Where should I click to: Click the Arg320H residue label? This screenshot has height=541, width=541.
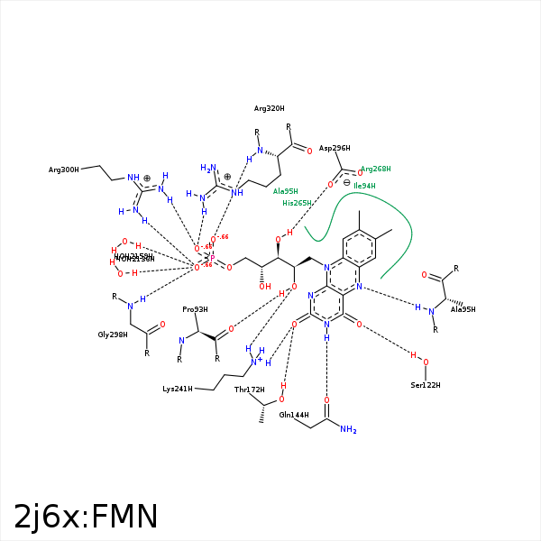coord(269,108)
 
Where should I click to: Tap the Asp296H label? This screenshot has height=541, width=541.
coord(335,148)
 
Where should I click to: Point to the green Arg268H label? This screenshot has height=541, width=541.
coord(376,169)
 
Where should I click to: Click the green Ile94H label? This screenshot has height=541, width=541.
coord(365,186)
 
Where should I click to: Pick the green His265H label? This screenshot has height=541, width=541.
coord(297,203)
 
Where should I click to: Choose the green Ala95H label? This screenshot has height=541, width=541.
coord(286,191)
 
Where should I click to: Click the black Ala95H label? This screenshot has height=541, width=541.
coord(463,310)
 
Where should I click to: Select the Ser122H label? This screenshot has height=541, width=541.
coord(425,385)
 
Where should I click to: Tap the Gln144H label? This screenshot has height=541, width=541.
coord(294,415)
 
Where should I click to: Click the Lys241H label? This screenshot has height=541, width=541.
coord(177,390)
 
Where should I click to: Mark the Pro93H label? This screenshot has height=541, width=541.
coord(195,309)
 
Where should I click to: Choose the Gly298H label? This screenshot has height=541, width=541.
coord(113,335)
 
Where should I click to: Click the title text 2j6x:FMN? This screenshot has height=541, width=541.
coord(86,516)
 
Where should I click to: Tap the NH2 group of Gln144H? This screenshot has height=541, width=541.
coord(348,430)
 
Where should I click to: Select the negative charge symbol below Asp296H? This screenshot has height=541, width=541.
coord(347,182)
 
